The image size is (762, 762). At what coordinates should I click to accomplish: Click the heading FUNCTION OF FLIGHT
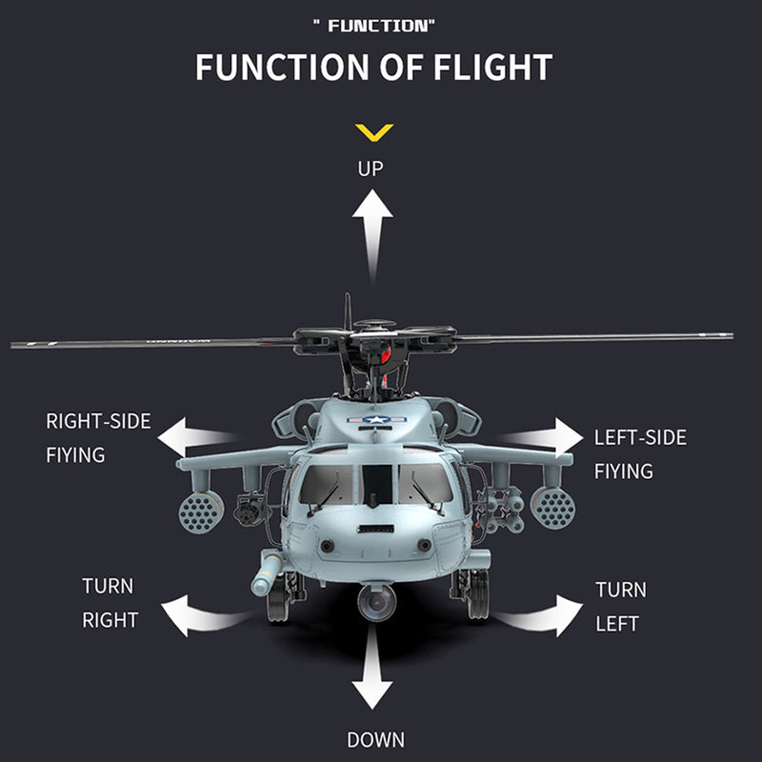coord(373,68)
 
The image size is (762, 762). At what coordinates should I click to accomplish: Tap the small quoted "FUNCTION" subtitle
coord(372,26)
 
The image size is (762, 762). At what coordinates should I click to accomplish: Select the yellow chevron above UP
coord(372,131)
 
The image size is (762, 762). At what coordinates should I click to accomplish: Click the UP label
coord(371,169)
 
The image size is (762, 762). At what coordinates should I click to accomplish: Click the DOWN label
coord(374,739)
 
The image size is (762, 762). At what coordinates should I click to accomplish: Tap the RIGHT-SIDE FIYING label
coord(98,437)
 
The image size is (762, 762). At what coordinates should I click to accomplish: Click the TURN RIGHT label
coord(110,602)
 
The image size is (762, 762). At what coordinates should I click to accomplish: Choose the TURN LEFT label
coord(620,607)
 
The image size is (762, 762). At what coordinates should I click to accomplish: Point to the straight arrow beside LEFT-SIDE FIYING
coord(548,438)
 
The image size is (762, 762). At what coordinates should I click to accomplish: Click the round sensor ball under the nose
coord(376,601)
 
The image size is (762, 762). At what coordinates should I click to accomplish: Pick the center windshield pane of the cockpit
coord(377,484)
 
